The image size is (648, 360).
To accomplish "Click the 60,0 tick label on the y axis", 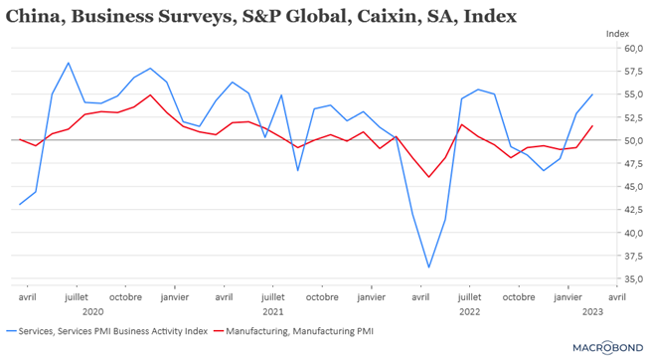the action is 633,49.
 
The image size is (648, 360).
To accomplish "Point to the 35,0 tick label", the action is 633,279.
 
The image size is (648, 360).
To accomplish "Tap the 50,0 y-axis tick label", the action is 633,140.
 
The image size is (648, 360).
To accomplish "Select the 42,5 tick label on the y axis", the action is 633,210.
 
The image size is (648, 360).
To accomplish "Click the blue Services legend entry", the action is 107,331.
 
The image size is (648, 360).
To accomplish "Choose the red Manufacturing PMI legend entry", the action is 294,331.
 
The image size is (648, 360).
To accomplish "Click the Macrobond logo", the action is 608,348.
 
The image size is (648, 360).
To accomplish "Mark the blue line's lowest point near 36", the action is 428,267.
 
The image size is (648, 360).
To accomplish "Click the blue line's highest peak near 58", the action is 69,63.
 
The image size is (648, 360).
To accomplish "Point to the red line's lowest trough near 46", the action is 428,177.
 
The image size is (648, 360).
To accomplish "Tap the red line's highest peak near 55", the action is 150,95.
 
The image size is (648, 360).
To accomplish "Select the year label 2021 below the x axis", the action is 272,311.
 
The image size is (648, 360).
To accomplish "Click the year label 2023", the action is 592,311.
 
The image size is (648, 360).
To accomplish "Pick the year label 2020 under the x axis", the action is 92,311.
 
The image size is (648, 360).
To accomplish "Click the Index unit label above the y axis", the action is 617,34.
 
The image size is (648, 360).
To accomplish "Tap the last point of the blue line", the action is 592,94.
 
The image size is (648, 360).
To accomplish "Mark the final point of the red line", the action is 592,126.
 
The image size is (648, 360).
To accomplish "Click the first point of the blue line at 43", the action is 20,204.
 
